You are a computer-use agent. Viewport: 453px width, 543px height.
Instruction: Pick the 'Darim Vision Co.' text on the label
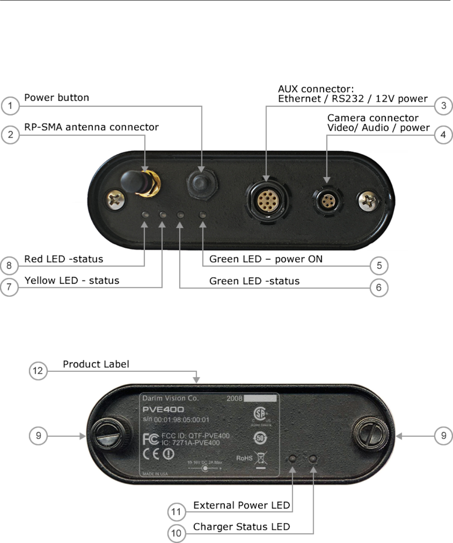(x=169, y=399)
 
